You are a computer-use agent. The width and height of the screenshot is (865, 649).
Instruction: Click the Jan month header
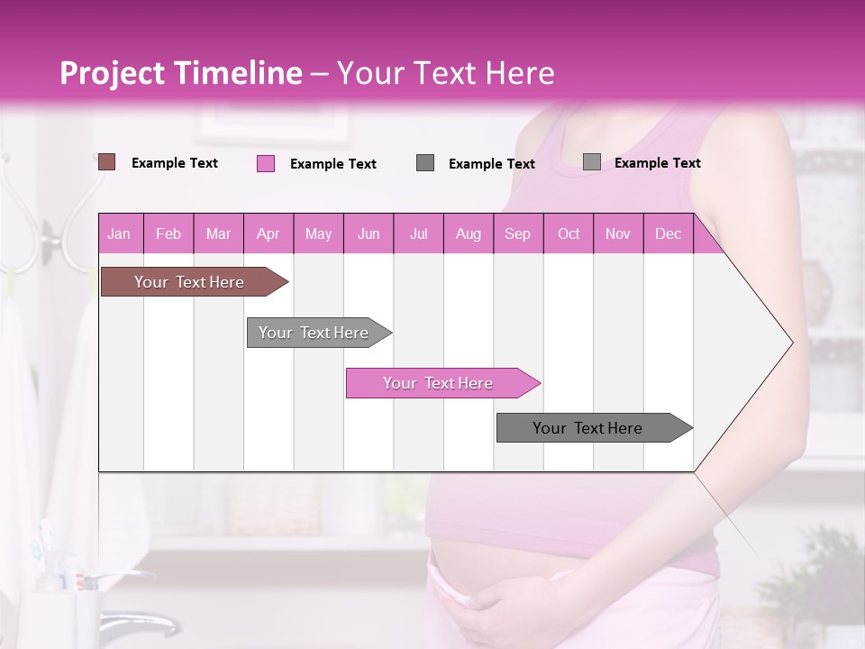click(x=119, y=233)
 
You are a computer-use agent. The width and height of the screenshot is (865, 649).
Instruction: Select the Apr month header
click(x=268, y=233)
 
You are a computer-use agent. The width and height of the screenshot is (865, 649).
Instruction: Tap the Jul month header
click(x=418, y=233)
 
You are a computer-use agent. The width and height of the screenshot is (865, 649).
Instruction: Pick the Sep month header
click(x=517, y=233)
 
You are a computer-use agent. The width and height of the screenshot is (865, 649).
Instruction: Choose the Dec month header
click(x=668, y=233)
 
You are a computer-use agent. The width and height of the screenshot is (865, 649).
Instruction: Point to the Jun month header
click(x=369, y=233)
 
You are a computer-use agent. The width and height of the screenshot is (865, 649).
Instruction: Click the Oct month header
click(x=569, y=233)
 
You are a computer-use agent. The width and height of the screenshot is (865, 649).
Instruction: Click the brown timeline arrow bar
click(x=189, y=282)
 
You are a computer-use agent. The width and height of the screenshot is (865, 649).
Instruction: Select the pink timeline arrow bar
click(x=439, y=383)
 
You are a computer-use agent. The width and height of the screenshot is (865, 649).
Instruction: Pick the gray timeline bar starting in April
click(x=314, y=333)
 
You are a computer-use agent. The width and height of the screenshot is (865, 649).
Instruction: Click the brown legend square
click(x=106, y=162)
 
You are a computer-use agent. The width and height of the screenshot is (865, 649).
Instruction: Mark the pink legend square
click(x=266, y=163)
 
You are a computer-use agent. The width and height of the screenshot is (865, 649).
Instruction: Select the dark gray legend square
click(x=425, y=163)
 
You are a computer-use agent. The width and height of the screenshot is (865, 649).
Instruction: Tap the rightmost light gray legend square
click(x=592, y=162)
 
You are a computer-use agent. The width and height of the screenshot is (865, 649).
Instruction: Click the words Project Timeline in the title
click(x=180, y=73)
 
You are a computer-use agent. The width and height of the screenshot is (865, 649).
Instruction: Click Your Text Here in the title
click(x=446, y=73)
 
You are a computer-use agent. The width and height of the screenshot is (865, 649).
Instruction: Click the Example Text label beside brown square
click(x=175, y=163)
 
